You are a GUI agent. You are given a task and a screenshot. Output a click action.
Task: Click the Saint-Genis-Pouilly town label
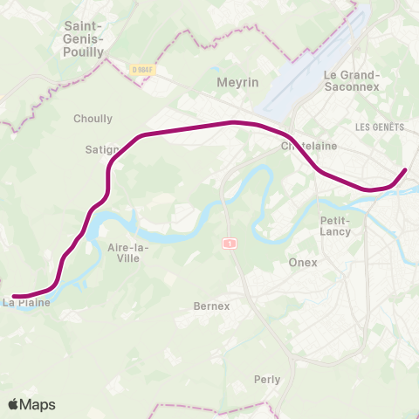86,39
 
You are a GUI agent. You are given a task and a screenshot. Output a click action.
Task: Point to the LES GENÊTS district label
380,127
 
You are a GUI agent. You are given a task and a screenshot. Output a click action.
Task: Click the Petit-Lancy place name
335,226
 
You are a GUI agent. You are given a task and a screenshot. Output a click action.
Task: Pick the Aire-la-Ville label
127,253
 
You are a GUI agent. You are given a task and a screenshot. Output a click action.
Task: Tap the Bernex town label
211,306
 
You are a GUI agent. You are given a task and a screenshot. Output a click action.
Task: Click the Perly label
267,380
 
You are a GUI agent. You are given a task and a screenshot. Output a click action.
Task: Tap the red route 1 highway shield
229,243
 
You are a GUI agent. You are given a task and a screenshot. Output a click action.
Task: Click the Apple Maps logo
31,404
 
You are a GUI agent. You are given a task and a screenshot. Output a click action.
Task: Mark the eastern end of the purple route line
405,169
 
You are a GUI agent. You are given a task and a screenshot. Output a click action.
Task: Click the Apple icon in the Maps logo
14,404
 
